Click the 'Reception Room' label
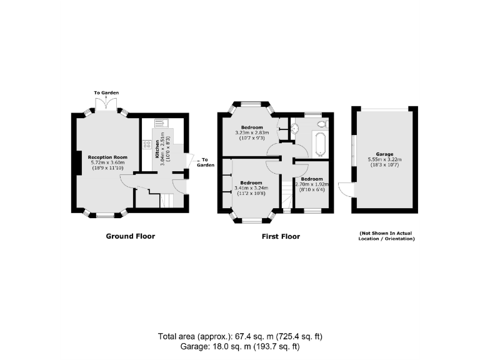click(x=107, y=157)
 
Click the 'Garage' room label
click(x=384, y=154)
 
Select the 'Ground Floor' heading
click(x=130, y=236)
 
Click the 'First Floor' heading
click(x=280, y=237)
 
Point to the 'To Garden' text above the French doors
click(x=106, y=93)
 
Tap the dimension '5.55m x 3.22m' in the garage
click(x=384, y=159)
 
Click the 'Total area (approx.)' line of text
click(x=240, y=336)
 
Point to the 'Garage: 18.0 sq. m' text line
click(x=240, y=346)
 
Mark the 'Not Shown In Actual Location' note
click(x=386, y=236)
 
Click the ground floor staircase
click(x=166, y=201)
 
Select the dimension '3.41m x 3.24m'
click(x=251, y=188)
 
